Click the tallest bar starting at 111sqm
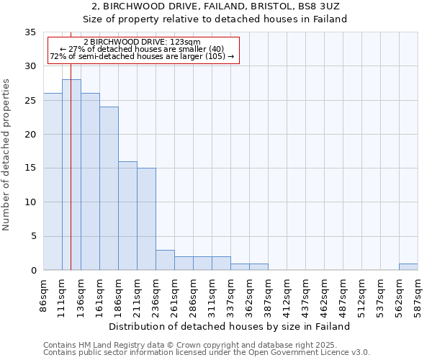tap(71, 175)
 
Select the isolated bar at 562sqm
tap(408, 267)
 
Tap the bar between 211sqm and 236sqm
tap(146, 219)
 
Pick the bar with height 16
tap(127, 216)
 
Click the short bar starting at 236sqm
tap(165, 260)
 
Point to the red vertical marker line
tap(71, 180)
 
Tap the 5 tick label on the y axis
tap(32, 236)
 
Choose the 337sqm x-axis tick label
tap(230, 294)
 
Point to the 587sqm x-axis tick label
tap(418, 294)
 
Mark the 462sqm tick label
tap(324, 294)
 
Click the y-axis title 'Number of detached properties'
tap(6, 155)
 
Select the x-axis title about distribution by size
tap(230, 326)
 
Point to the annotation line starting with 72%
tap(142, 57)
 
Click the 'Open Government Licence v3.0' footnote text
tap(303, 353)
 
